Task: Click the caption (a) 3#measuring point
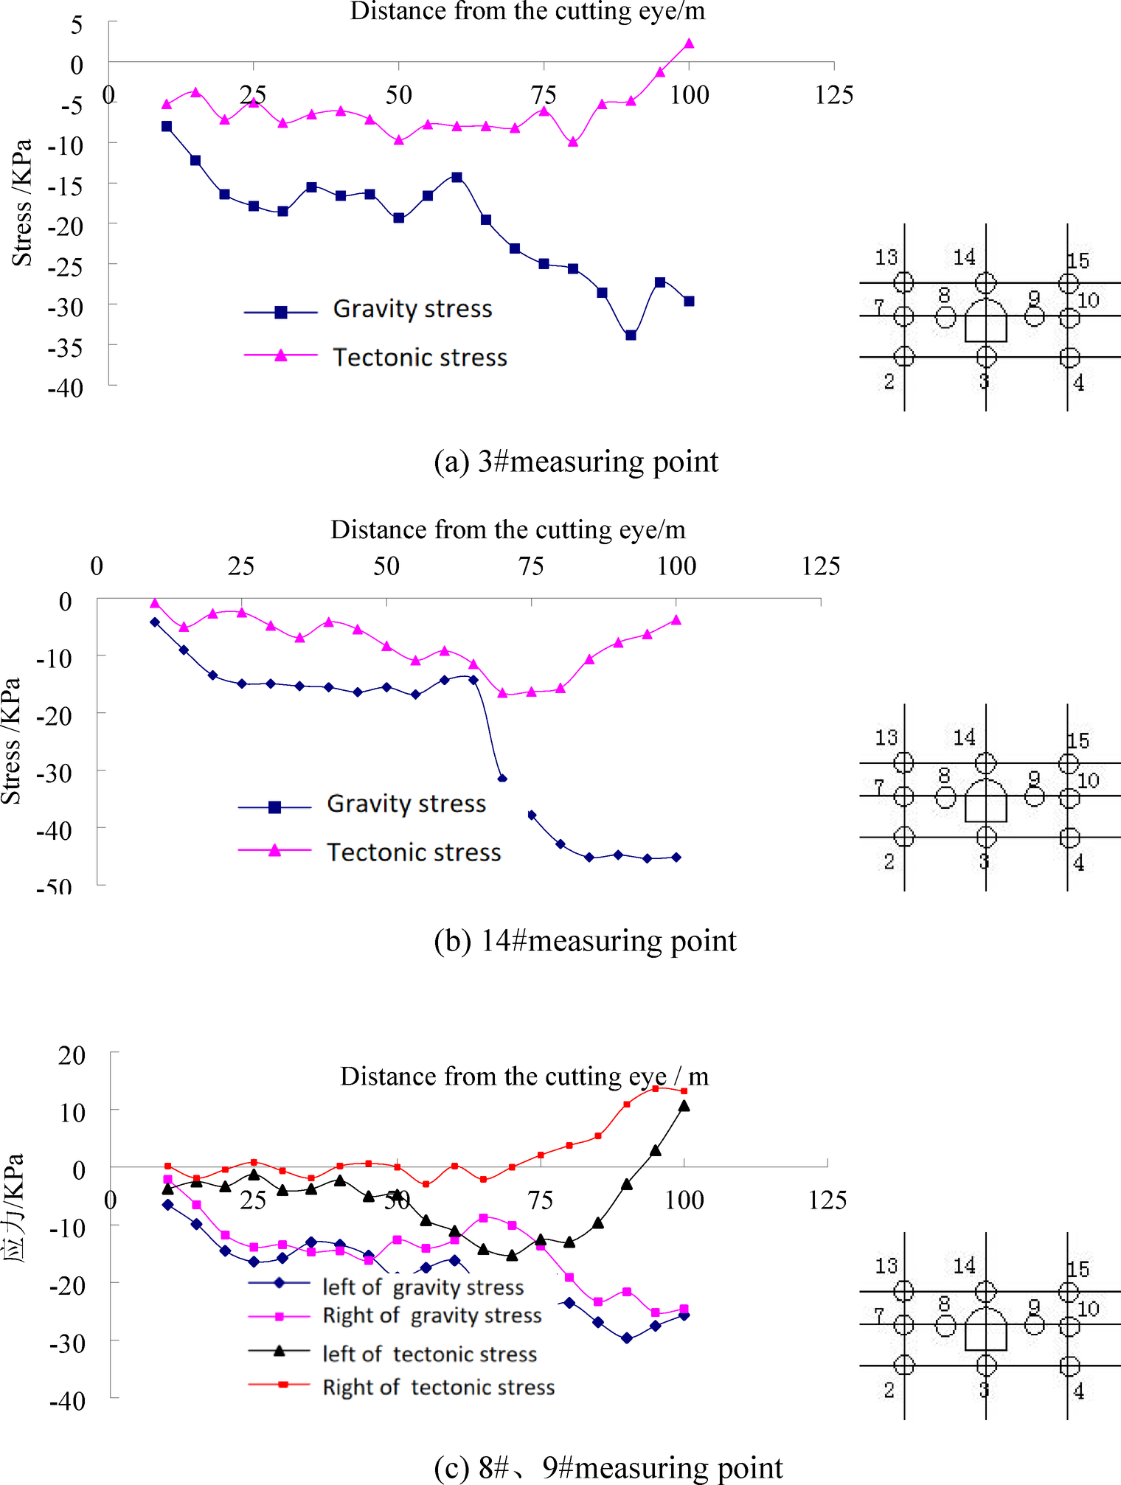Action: click(575, 462)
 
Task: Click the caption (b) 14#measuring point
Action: click(585, 941)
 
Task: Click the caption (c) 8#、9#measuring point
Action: click(608, 1467)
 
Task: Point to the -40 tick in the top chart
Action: click(66, 388)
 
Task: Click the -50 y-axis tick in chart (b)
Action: click(55, 887)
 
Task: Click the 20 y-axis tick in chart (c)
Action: click(72, 1055)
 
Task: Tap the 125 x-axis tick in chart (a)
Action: click(833, 94)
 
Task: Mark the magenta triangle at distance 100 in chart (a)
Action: click(689, 44)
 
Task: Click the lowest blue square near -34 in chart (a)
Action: click(631, 335)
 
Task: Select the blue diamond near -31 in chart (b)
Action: click(502, 779)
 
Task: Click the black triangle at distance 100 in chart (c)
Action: click(684, 1106)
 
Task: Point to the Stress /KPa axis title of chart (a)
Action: click(22, 203)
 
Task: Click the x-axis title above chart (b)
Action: click(507, 529)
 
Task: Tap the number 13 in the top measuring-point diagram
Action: click(886, 257)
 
